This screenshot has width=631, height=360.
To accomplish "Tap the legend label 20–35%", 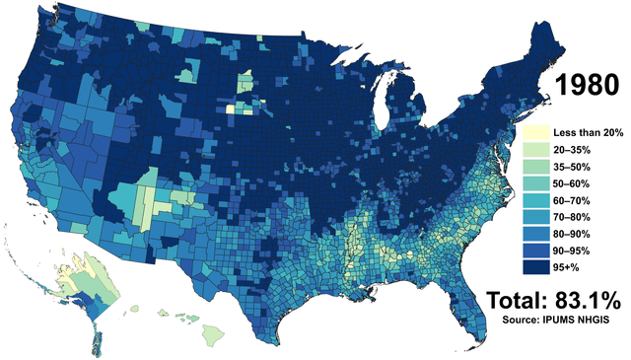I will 573,150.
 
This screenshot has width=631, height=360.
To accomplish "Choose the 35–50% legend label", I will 573,168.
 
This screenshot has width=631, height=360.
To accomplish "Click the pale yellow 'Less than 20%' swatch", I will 535,132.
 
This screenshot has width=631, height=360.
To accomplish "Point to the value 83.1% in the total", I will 587,301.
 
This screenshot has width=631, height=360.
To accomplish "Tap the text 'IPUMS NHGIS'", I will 588,322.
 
